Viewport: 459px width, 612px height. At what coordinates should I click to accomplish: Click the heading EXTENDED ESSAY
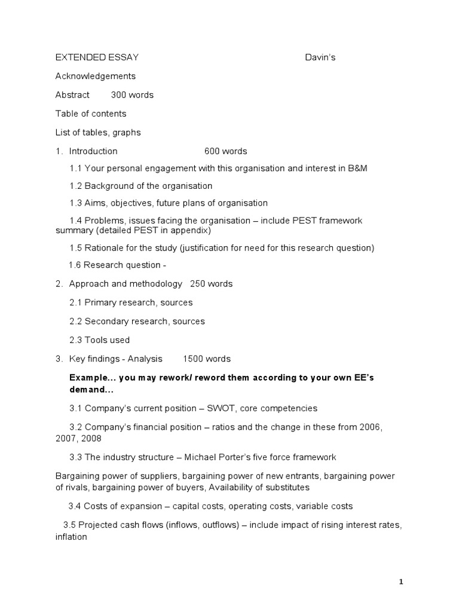click(97, 57)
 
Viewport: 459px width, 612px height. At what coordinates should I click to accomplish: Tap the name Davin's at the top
click(324, 57)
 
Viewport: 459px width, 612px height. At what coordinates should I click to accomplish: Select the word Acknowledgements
click(96, 76)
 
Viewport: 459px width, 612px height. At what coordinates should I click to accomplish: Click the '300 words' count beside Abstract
click(132, 95)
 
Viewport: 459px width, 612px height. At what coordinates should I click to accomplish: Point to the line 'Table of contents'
click(91, 114)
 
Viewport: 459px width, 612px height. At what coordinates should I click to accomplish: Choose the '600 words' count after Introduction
click(225, 151)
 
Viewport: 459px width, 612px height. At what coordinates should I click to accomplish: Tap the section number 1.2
click(76, 186)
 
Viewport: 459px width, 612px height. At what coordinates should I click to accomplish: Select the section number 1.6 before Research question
click(75, 265)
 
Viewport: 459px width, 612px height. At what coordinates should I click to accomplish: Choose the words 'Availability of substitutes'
click(258, 487)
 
